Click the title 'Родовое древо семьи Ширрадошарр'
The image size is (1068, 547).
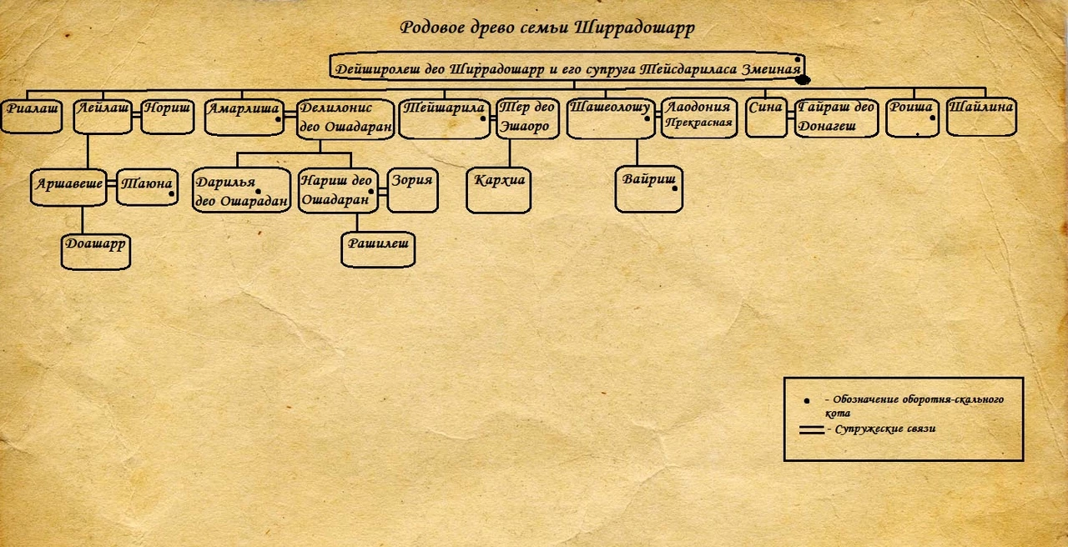click(547, 28)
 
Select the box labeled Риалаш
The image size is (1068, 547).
click(32, 116)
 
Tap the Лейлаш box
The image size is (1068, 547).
click(102, 116)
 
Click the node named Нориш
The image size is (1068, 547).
click(166, 116)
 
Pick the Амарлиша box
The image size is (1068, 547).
click(244, 117)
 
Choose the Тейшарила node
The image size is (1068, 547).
click(444, 118)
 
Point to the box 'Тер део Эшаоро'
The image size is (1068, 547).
click(527, 118)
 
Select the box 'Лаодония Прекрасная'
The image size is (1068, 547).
click(698, 117)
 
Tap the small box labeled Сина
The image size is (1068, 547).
click(765, 117)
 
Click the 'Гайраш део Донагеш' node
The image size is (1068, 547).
click(836, 118)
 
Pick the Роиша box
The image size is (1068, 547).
click(911, 117)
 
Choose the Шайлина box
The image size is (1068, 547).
click(981, 117)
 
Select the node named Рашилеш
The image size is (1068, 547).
click(378, 249)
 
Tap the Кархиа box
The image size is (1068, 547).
click(499, 191)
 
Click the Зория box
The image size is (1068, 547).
click(413, 190)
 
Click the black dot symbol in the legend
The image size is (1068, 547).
click(807, 401)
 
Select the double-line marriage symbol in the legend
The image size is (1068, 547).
click(811, 430)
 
